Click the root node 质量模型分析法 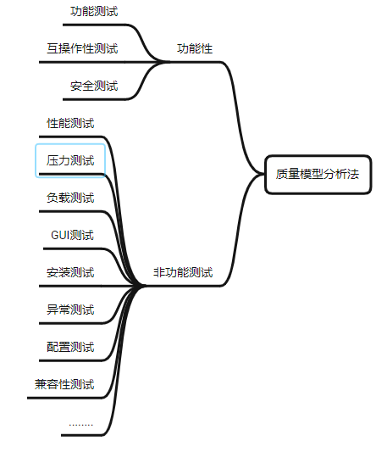point(318,175)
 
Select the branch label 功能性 point(195,48)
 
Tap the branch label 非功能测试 point(183,272)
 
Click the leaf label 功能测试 point(94,12)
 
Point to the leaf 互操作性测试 point(82,48)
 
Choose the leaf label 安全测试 point(94,86)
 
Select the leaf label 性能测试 point(70,123)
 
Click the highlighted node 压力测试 point(70,160)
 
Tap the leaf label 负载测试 point(70,198)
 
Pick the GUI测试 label point(72,235)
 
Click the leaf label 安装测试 point(70,272)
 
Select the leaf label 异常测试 point(70,310)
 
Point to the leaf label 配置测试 point(70,347)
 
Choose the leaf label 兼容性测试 point(64,384)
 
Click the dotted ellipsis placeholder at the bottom point(81,425)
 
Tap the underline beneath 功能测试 point(95,25)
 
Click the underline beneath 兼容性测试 point(65,398)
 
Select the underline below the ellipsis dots point(82,435)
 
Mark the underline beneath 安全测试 point(95,99)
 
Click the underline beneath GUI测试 point(73,248)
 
